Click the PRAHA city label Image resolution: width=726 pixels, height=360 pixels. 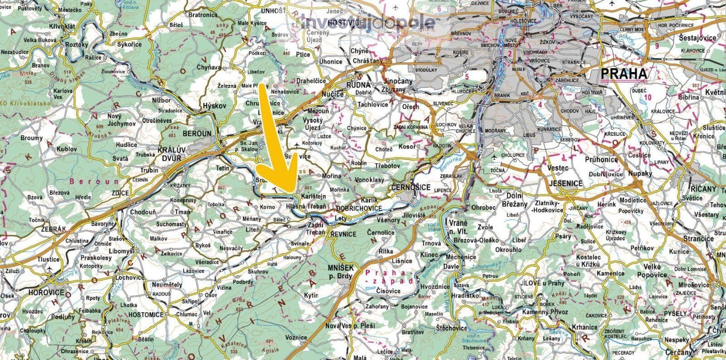tap(624, 74)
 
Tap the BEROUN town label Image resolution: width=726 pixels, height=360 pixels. tap(197, 134)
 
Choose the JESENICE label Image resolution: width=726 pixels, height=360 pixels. tap(565, 184)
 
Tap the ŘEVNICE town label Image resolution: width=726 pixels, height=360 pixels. tap(343, 234)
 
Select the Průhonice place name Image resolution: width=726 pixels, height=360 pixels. tap(601, 160)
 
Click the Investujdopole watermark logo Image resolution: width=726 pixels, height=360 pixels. tap(368, 22)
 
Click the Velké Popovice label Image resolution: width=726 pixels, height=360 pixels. tap(652, 271)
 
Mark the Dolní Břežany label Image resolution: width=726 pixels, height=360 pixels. tap(512, 200)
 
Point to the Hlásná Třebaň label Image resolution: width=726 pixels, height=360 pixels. tap(306, 207)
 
